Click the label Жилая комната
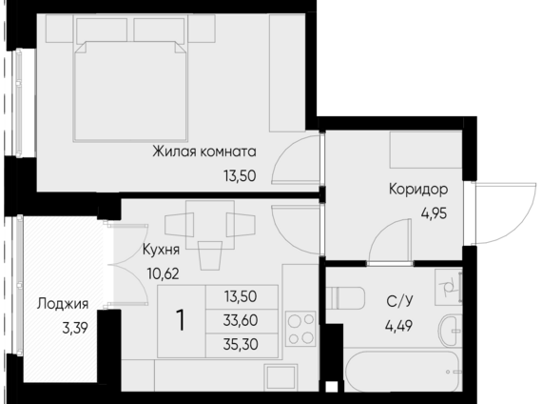tap(204, 151)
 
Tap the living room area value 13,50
tap(240, 176)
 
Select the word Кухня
tap(161, 250)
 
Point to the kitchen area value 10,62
tap(164, 273)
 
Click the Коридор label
tap(418, 190)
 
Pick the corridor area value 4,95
tap(434, 213)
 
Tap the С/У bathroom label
tap(400, 301)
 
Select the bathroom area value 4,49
tap(399, 326)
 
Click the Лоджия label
tap(63, 304)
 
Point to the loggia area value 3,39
tap(75, 328)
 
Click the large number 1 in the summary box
tap(181, 320)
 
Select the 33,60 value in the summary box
tap(241, 320)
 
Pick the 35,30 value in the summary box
tap(241, 345)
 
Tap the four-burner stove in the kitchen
tap(300, 329)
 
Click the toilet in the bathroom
tap(345, 298)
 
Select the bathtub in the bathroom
tap(403, 372)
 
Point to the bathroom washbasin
tap(450, 331)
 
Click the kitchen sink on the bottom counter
tap(281, 377)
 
